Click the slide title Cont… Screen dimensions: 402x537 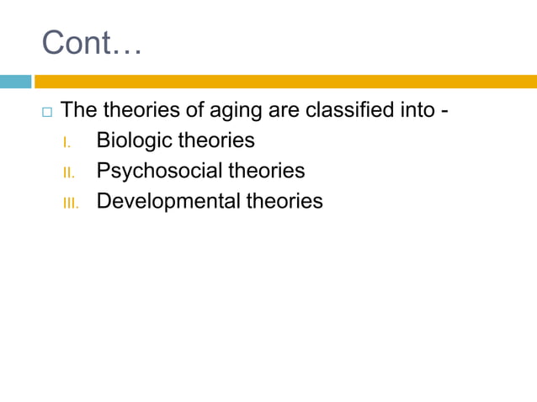92,43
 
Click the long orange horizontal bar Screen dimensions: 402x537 285,82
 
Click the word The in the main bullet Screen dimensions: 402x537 80,110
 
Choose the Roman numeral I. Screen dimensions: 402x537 66,143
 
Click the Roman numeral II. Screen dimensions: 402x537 68,173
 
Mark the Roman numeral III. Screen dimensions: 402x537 70,204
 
